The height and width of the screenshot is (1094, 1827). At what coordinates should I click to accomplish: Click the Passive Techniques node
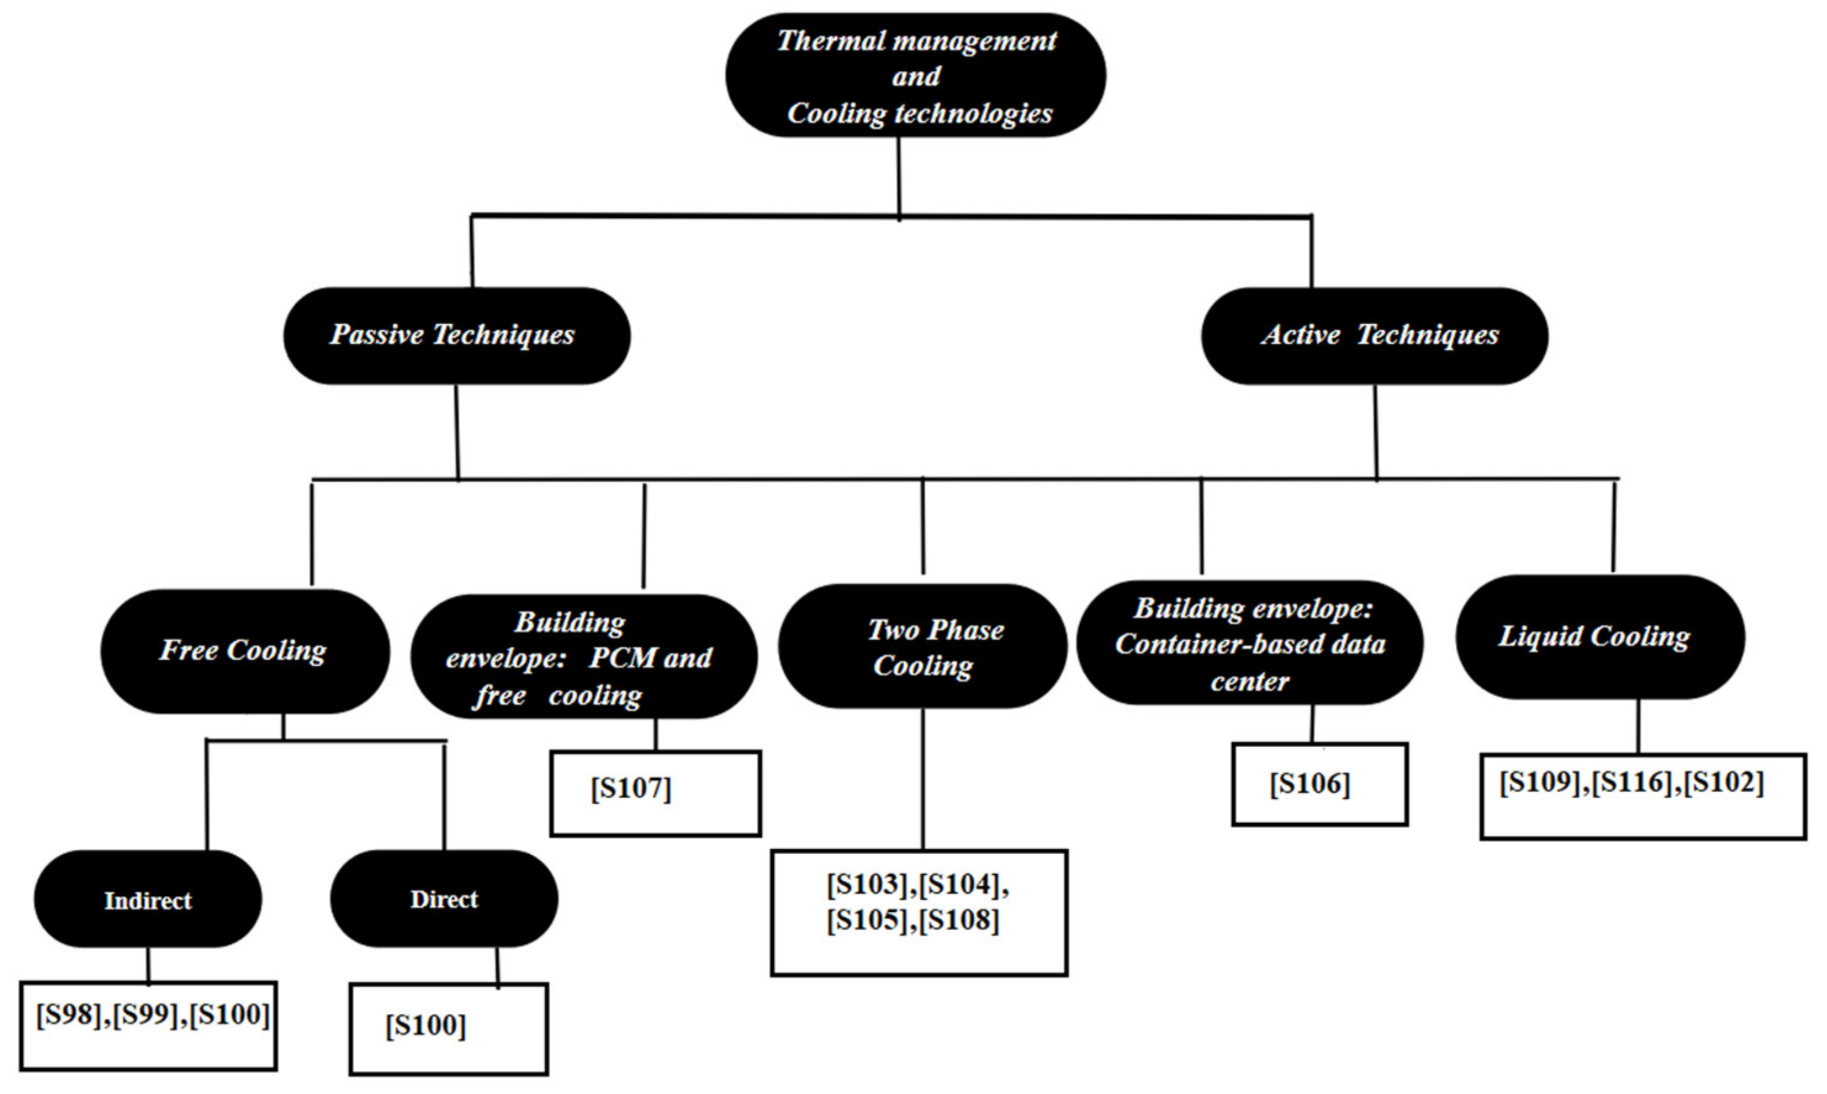pyautogui.click(x=456, y=336)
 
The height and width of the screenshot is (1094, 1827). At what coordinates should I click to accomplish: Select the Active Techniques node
pyautogui.click(x=1374, y=336)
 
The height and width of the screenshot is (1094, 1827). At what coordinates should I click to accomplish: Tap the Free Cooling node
pyautogui.click(x=245, y=651)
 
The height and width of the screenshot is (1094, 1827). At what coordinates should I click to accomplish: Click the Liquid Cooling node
pyautogui.click(x=1599, y=637)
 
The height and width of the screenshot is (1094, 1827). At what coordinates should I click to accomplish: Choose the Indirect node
pyautogui.click(x=147, y=899)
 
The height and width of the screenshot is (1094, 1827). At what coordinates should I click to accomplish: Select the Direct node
pyautogui.click(x=444, y=899)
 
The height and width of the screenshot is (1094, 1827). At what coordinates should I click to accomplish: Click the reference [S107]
pyautogui.click(x=631, y=788)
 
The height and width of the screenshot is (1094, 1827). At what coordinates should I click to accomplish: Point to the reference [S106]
pyautogui.click(x=1309, y=783)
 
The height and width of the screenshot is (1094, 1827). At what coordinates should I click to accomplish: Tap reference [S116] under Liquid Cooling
pyautogui.click(x=1631, y=782)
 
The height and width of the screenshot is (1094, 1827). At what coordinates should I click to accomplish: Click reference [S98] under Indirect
pyautogui.click(x=68, y=1014)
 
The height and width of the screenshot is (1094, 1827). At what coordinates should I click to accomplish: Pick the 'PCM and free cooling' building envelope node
pyautogui.click(x=582, y=657)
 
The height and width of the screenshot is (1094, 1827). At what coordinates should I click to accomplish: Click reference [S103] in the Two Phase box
pyautogui.click(x=867, y=884)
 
